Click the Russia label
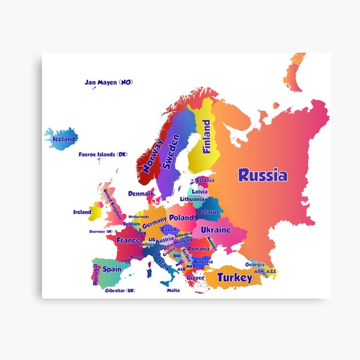click(x=262, y=175)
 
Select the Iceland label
click(x=64, y=139)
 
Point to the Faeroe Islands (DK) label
click(x=103, y=154)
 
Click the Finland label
click(x=206, y=137)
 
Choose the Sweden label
click(x=172, y=151)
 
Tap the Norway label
click(x=152, y=157)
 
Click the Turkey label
click(x=235, y=277)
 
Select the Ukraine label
click(x=215, y=230)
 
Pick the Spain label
click(x=112, y=269)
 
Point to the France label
click(x=128, y=240)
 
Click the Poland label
click(x=181, y=218)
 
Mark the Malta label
click(x=173, y=290)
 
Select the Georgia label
click(x=255, y=265)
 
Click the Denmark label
click(x=140, y=194)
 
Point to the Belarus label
click(x=208, y=212)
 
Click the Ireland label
click(x=82, y=212)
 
